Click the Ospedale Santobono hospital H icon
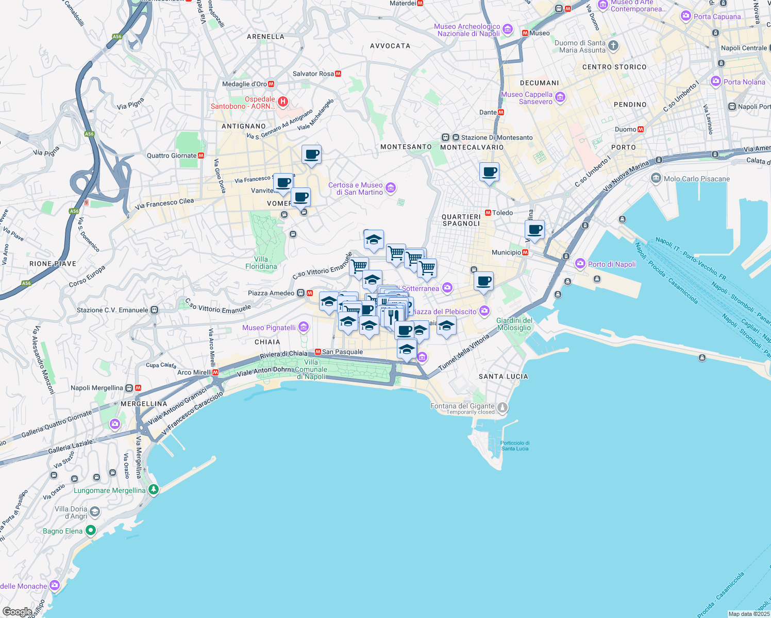[x=282, y=102]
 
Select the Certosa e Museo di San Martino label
[x=356, y=188]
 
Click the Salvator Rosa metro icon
[x=338, y=74]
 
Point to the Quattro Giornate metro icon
[x=201, y=156]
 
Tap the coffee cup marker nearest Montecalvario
[x=489, y=172]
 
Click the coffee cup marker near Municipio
[x=534, y=230]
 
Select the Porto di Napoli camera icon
[x=580, y=264]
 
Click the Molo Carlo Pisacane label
[x=697, y=179]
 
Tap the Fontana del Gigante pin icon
[x=502, y=408]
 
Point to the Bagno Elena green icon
[x=91, y=530]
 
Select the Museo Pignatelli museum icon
[x=304, y=327]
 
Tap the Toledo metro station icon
[x=488, y=213]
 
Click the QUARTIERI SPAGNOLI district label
[x=461, y=220]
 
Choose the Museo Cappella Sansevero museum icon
[x=560, y=97]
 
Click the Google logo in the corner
[x=17, y=612]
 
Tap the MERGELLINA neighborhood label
[x=144, y=404]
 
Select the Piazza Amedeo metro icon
[x=310, y=293]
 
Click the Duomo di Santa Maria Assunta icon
[x=613, y=46]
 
